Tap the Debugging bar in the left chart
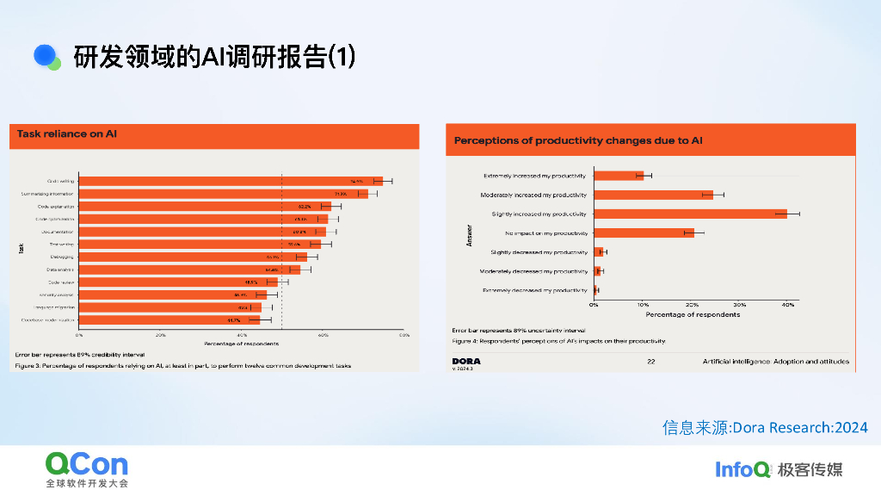pos(193,257)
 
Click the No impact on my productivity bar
pos(644,232)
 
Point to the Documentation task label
pos(59,232)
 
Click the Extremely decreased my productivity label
pos(535,290)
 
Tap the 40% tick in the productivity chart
pos(786,305)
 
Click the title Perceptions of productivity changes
pos(578,139)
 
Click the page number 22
pos(651,362)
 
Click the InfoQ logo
pos(742,469)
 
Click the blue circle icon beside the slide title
pos(45,56)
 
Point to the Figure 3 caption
pos(182,365)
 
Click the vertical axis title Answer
pos(469,235)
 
